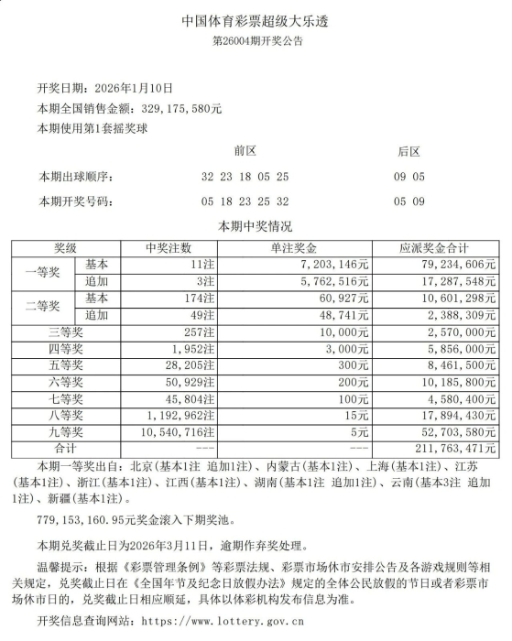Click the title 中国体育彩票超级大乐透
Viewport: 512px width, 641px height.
[256, 21]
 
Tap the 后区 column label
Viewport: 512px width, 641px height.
[409, 150]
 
